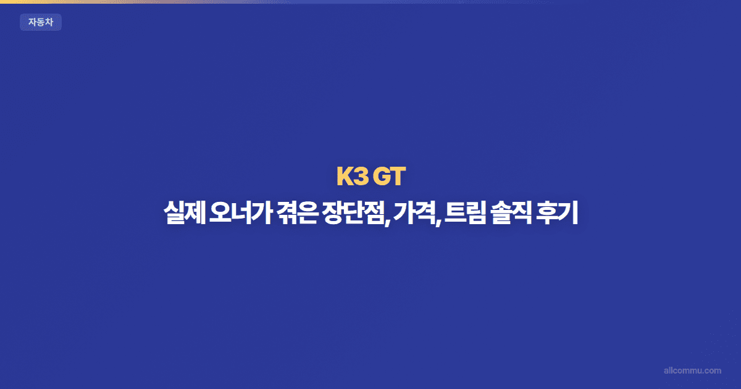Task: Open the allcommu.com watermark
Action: pyautogui.click(x=692, y=370)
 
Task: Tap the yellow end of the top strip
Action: pyautogui.click(x=9, y=1)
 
